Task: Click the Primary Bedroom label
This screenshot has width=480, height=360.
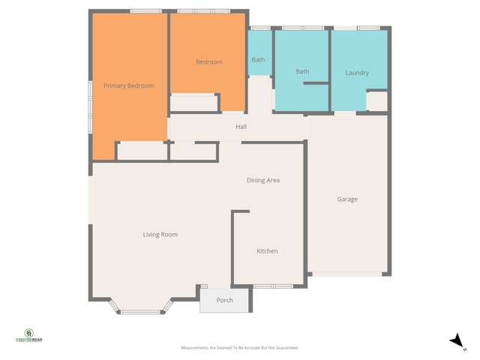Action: pos(128,86)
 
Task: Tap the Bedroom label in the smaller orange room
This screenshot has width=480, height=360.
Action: pos(209,62)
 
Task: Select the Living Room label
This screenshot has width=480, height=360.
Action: pos(160,235)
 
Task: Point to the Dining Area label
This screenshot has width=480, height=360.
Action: pos(263,181)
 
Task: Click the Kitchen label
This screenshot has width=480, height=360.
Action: pos(267,251)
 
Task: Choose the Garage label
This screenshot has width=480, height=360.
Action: pos(347,199)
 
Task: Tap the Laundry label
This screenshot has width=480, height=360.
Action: pos(357,73)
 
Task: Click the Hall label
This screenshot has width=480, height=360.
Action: pos(241,127)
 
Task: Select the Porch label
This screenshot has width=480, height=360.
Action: pos(224,301)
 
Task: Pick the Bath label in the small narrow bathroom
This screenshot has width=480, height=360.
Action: pos(258,60)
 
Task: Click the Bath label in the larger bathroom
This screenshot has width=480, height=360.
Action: pos(302,72)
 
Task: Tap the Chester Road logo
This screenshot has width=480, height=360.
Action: pos(29,335)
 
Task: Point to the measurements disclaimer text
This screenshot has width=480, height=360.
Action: pos(240,348)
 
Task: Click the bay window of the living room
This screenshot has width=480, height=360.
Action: pos(142,310)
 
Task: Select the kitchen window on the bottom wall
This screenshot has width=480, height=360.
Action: pos(273,286)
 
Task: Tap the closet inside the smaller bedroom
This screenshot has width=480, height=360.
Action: pos(194,102)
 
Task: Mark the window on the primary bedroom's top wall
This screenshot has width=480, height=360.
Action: pos(146,10)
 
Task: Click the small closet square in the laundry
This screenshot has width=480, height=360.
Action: pos(377,100)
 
